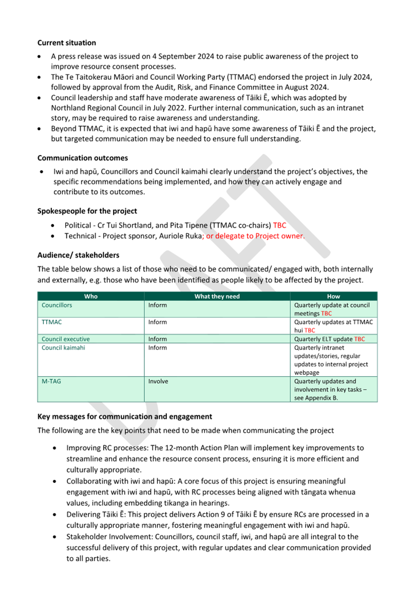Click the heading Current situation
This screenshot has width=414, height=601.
click(x=67, y=43)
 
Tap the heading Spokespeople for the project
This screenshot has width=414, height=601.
click(x=87, y=211)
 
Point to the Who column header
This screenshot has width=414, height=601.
click(x=91, y=296)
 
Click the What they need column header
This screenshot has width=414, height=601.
click(x=217, y=296)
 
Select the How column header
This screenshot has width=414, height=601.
click(x=333, y=296)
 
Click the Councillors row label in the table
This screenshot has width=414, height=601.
click(x=57, y=305)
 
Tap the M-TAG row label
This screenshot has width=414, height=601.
click(x=51, y=381)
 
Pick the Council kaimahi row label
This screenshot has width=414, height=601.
click(x=63, y=348)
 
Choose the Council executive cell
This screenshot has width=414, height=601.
click(x=66, y=339)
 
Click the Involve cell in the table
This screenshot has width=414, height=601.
click(x=158, y=381)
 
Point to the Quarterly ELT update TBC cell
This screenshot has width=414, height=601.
click(x=329, y=339)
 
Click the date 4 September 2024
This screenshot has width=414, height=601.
click(x=164, y=56)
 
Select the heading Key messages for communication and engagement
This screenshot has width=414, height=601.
click(x=125, y=416)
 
